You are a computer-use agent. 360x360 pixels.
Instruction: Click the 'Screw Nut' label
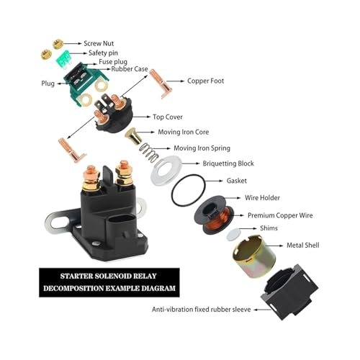[99, 43]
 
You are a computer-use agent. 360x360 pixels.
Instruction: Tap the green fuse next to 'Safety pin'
[63, 59]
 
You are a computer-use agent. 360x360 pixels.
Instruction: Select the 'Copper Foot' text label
[205, 81]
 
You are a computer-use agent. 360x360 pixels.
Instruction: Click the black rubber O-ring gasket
[189, 190]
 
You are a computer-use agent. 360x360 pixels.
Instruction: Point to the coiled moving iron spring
[149, 153]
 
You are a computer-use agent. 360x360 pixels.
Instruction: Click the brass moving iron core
[133, 136]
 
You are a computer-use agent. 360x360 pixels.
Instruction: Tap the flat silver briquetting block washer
[166, 170]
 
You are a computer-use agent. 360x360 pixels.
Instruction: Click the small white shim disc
[233, 234]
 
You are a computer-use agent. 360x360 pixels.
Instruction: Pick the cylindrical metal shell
[254, 256]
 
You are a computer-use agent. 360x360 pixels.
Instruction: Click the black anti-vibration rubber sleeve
[289, 292]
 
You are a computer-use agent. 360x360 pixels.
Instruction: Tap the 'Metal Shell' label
[303, 246]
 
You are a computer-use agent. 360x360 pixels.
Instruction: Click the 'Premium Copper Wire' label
[280, 215]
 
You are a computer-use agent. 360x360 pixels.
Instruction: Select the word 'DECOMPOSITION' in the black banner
[73, 288]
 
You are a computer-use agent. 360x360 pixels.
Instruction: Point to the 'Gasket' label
[236, 181]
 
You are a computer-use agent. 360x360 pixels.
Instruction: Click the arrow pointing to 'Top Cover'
[141, 117]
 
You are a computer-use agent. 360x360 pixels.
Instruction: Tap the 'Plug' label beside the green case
[48, 84]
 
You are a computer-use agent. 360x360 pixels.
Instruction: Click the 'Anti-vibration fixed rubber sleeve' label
[201, 310]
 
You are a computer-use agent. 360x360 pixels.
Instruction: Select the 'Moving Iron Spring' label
[202, 148]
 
